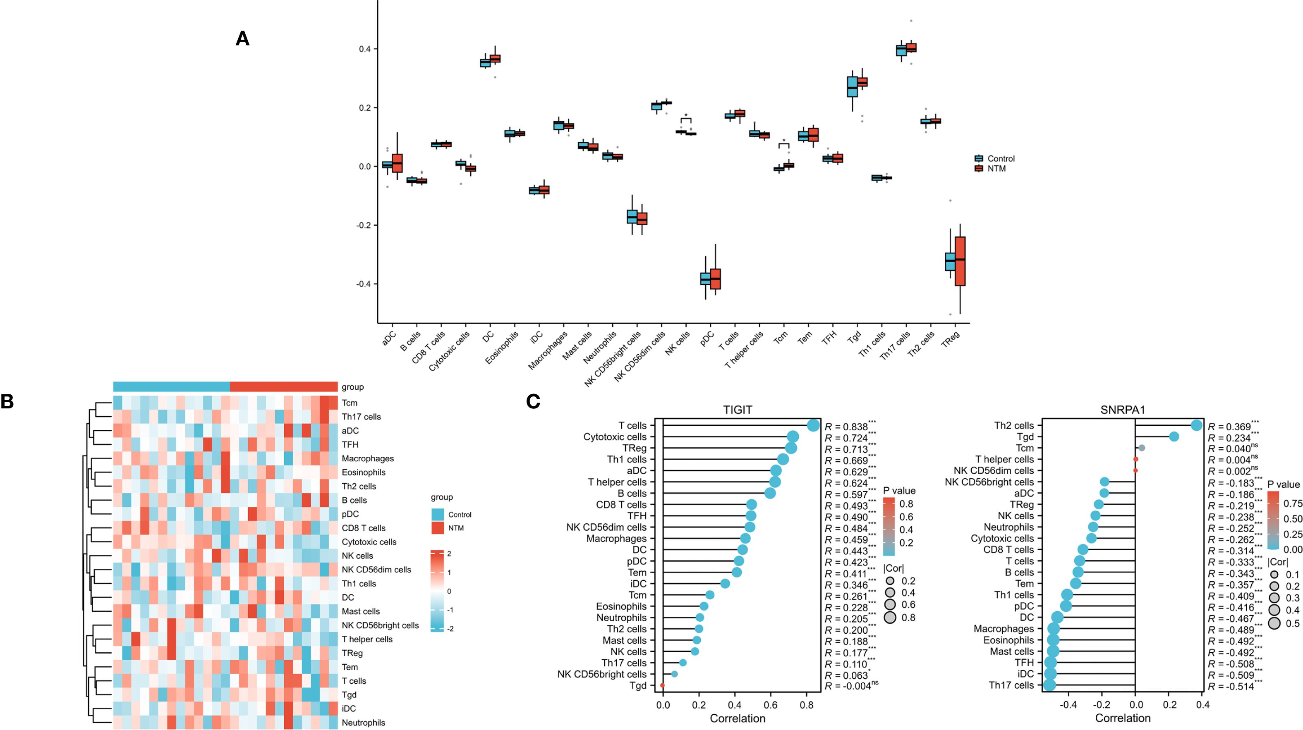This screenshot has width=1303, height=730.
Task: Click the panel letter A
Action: (242, 39)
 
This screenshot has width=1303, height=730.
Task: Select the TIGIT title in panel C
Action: (737, 410)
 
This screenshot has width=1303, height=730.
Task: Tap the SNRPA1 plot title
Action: (1122, 410)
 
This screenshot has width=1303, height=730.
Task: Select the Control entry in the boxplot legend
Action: (1001, 158)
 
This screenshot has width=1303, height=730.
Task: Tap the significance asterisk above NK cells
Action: (686, 116)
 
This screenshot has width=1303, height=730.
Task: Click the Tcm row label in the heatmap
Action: (350, 403)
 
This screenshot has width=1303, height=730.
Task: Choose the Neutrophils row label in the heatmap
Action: (363, 723)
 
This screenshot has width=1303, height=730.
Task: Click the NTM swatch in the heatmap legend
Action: (438, 528)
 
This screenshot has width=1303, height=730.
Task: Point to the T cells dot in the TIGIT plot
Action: (813, 426)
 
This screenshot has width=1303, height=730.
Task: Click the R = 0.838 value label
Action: (846, 427)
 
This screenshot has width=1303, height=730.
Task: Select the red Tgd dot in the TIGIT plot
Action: (663, 685)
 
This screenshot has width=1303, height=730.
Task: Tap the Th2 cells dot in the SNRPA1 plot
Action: (1196, 426)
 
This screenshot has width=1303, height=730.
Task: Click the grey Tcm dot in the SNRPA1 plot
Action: (1142, 448)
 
